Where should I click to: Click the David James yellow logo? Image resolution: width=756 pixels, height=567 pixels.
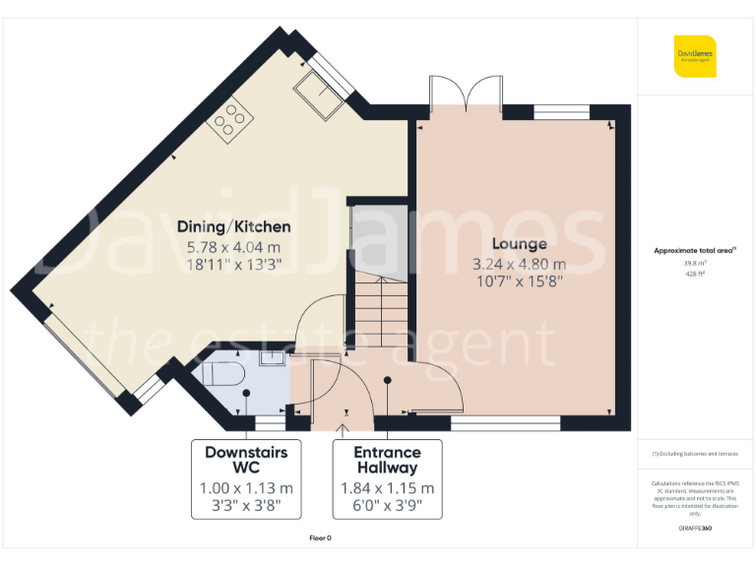pyautogui.click(x=695, y=55)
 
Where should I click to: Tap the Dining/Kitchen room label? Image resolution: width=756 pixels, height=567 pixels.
pyautogui.click(x=233, y=227)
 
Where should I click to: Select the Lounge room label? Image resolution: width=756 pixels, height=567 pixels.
pyautogui.click(x=519, y=244)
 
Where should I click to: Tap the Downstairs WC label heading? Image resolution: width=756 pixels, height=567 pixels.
pyautogui.click(x=246, y=461)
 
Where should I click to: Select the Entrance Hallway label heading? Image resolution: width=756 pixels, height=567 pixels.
pyautogui.click(x=388, y=461)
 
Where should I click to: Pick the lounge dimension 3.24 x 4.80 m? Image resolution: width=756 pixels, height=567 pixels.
pyautogui.click(x=519, y=264)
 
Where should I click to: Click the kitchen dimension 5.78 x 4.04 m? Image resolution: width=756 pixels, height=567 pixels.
pyautogui.click(x=233, y=247)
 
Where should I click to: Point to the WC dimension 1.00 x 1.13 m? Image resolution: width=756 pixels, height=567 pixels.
pyautogui.click(x=246, y=488)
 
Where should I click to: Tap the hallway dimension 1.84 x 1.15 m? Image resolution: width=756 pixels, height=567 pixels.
pyautogui.click(x=388, y=488)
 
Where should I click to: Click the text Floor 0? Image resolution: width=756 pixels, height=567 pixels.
pyautogui.click(x=321, y=537)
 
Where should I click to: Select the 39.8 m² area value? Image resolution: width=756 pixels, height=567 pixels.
pyautogui.click(x=695, y=263)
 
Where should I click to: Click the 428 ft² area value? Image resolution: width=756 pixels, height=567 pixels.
pyautogui.click(x=695, y=274)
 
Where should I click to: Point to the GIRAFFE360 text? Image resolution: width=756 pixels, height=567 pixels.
pyautogui.click(x=695, y=529)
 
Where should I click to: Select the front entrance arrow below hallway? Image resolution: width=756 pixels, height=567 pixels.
pyautogui.click(x=344, y=428)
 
